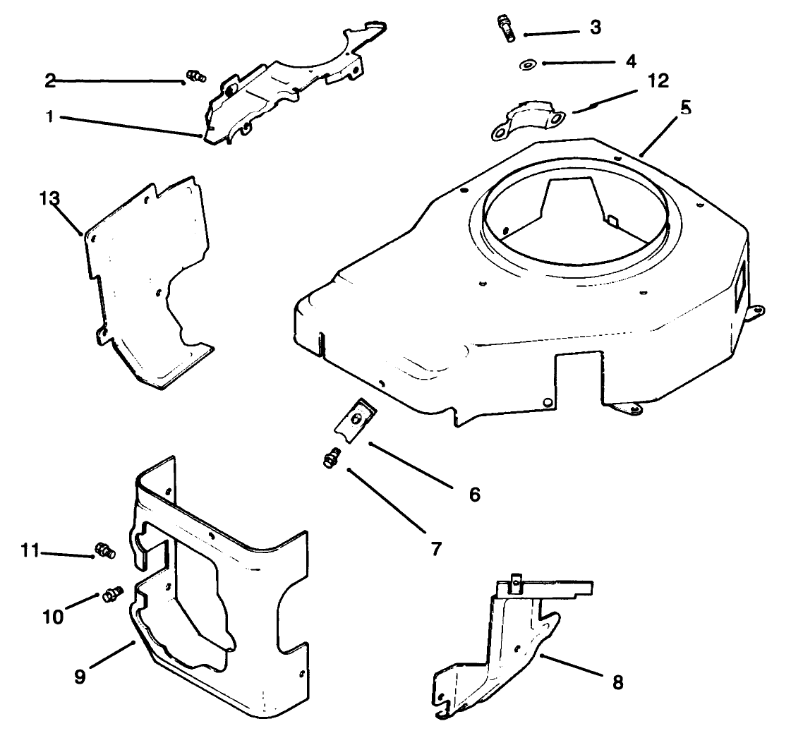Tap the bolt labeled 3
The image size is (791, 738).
(505, 28)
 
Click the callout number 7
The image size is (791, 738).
(435, 548)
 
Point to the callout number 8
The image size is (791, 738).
(617, 683)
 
